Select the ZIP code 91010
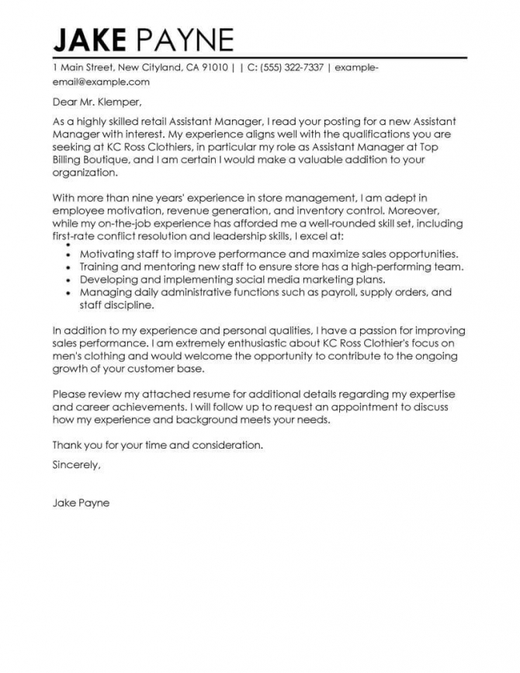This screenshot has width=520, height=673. (213, 68)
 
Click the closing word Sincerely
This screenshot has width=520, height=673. (76, 465)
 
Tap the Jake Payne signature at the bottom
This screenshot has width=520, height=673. (81, 502)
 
